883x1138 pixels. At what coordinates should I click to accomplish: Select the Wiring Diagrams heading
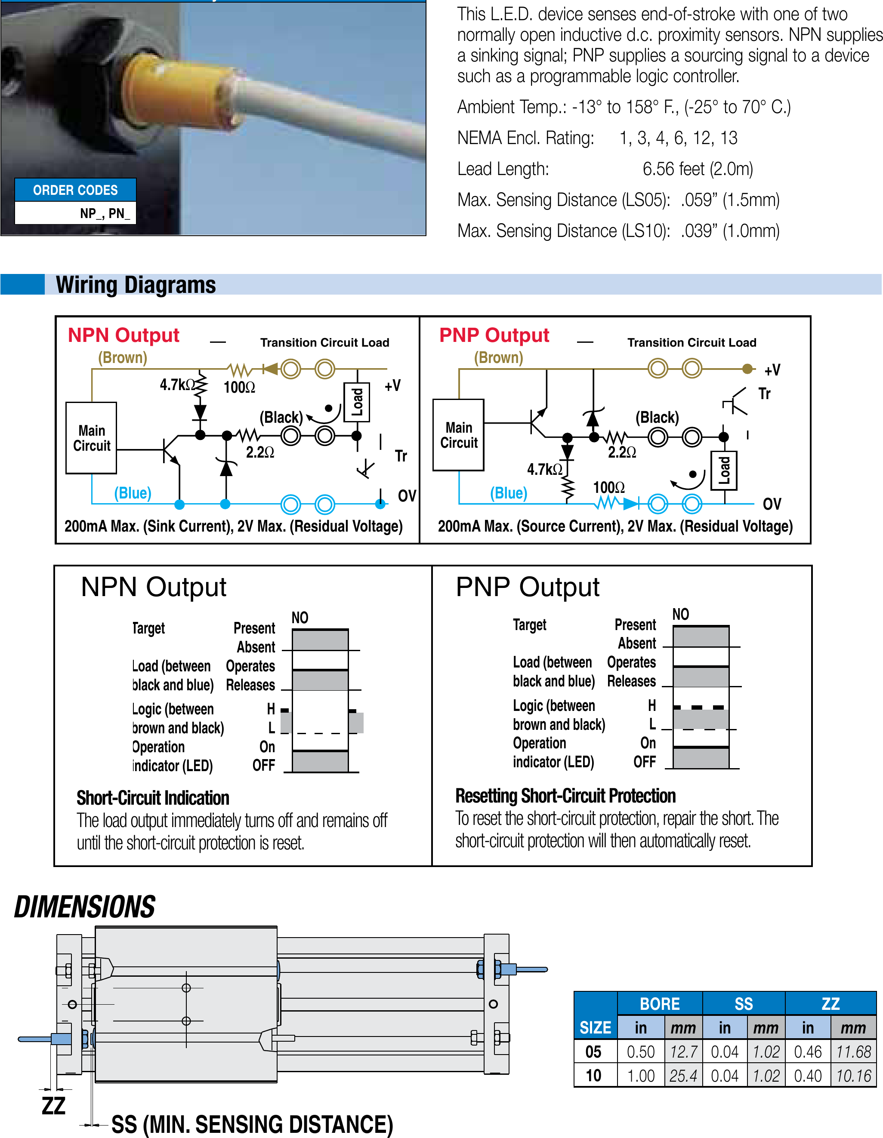pos(136,285)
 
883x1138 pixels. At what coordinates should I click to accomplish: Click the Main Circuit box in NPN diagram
pos(91,438)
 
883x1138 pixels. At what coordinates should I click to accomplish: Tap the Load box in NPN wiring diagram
pos(357,402)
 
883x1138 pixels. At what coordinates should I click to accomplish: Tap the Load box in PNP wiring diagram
pos(724,471)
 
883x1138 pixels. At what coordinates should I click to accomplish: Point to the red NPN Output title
pos(123,335)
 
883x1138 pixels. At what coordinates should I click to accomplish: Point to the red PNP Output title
pos(494,335)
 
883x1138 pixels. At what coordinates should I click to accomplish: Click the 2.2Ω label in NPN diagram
pos(259,452)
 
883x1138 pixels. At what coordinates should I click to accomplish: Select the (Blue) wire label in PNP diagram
pos(508,493)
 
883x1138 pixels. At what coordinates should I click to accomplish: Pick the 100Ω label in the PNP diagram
pos(608,488)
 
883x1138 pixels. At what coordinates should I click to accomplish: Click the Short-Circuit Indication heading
pos(153,798)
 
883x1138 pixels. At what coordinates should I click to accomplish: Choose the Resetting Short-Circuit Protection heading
pos(565,796)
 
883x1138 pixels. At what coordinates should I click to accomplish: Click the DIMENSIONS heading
pos(84,907)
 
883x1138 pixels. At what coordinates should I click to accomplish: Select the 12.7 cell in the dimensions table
pos(683,1052)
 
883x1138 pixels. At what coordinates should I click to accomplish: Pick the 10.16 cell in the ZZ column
pos(853,1076)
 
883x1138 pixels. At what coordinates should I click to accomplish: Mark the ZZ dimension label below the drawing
pos(53,1106)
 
